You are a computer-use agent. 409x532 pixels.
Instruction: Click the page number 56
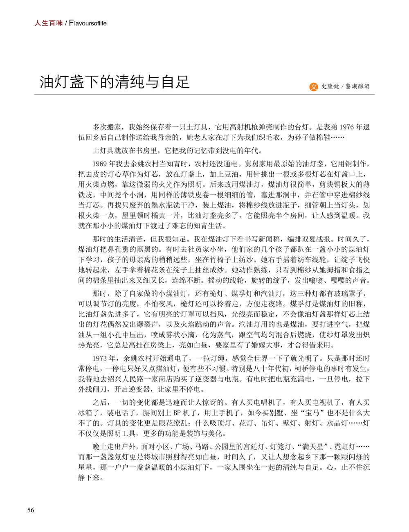31,510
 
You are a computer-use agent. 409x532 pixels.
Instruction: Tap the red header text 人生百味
48,23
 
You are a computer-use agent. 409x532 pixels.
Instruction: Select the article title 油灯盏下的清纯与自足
115,82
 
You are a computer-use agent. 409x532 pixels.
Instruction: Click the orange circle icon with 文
314,86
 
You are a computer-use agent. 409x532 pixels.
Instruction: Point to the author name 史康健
330,86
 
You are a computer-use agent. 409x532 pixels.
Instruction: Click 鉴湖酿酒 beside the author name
357,86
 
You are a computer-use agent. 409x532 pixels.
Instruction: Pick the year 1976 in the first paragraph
347,127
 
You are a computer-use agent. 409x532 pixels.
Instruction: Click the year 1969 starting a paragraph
100,164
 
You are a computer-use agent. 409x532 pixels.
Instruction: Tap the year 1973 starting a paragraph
100,358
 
